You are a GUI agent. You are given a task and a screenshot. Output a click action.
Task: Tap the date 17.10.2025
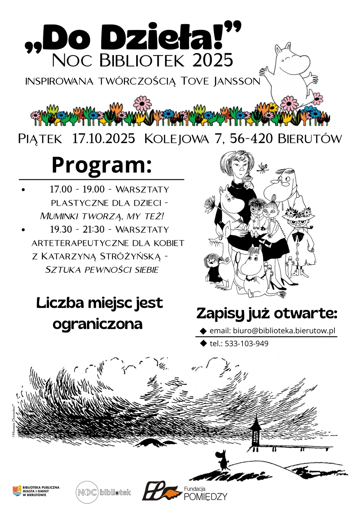(104, 139)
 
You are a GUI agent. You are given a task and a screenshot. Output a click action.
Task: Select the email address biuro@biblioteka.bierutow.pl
(284, 331)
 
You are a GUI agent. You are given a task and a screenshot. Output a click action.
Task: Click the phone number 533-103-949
(246, 344)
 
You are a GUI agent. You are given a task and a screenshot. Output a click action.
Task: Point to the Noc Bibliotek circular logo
(87, 492)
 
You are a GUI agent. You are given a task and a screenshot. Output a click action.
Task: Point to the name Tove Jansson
(220, 81)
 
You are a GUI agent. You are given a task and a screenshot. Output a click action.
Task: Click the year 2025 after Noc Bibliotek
(213, 61)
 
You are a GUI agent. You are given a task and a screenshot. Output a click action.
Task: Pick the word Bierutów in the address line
(310, 139)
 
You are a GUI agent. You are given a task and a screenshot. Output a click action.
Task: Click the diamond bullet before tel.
(203, 343)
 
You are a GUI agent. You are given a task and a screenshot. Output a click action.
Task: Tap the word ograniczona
(98, 324)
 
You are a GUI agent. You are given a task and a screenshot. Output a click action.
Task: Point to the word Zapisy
(220, 314)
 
